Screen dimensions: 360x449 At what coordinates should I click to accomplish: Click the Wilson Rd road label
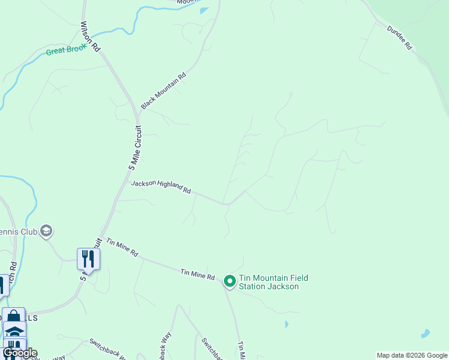[91, 37]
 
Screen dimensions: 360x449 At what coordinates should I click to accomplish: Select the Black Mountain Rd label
[164, 91]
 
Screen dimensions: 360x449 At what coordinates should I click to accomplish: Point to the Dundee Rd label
[400, 37]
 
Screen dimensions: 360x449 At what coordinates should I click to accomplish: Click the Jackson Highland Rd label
[161, 187]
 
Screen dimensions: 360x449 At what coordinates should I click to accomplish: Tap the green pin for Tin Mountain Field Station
[229, 281]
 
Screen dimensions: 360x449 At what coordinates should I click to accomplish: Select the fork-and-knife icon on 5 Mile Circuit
[88, 259]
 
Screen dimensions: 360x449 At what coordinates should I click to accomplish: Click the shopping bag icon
[13, 317]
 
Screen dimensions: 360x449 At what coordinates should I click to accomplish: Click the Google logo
[19, 353]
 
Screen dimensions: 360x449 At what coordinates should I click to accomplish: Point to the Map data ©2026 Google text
[412, 355]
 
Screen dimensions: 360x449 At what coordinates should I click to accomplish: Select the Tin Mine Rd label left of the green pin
[197, 275]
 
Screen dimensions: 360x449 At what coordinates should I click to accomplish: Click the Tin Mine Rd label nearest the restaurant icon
[122, 247]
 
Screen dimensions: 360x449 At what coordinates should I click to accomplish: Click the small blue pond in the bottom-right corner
[426, 333]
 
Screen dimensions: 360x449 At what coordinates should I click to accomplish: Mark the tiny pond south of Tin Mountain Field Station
[286, 325]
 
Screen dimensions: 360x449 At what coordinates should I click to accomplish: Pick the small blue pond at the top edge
[204, 10]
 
